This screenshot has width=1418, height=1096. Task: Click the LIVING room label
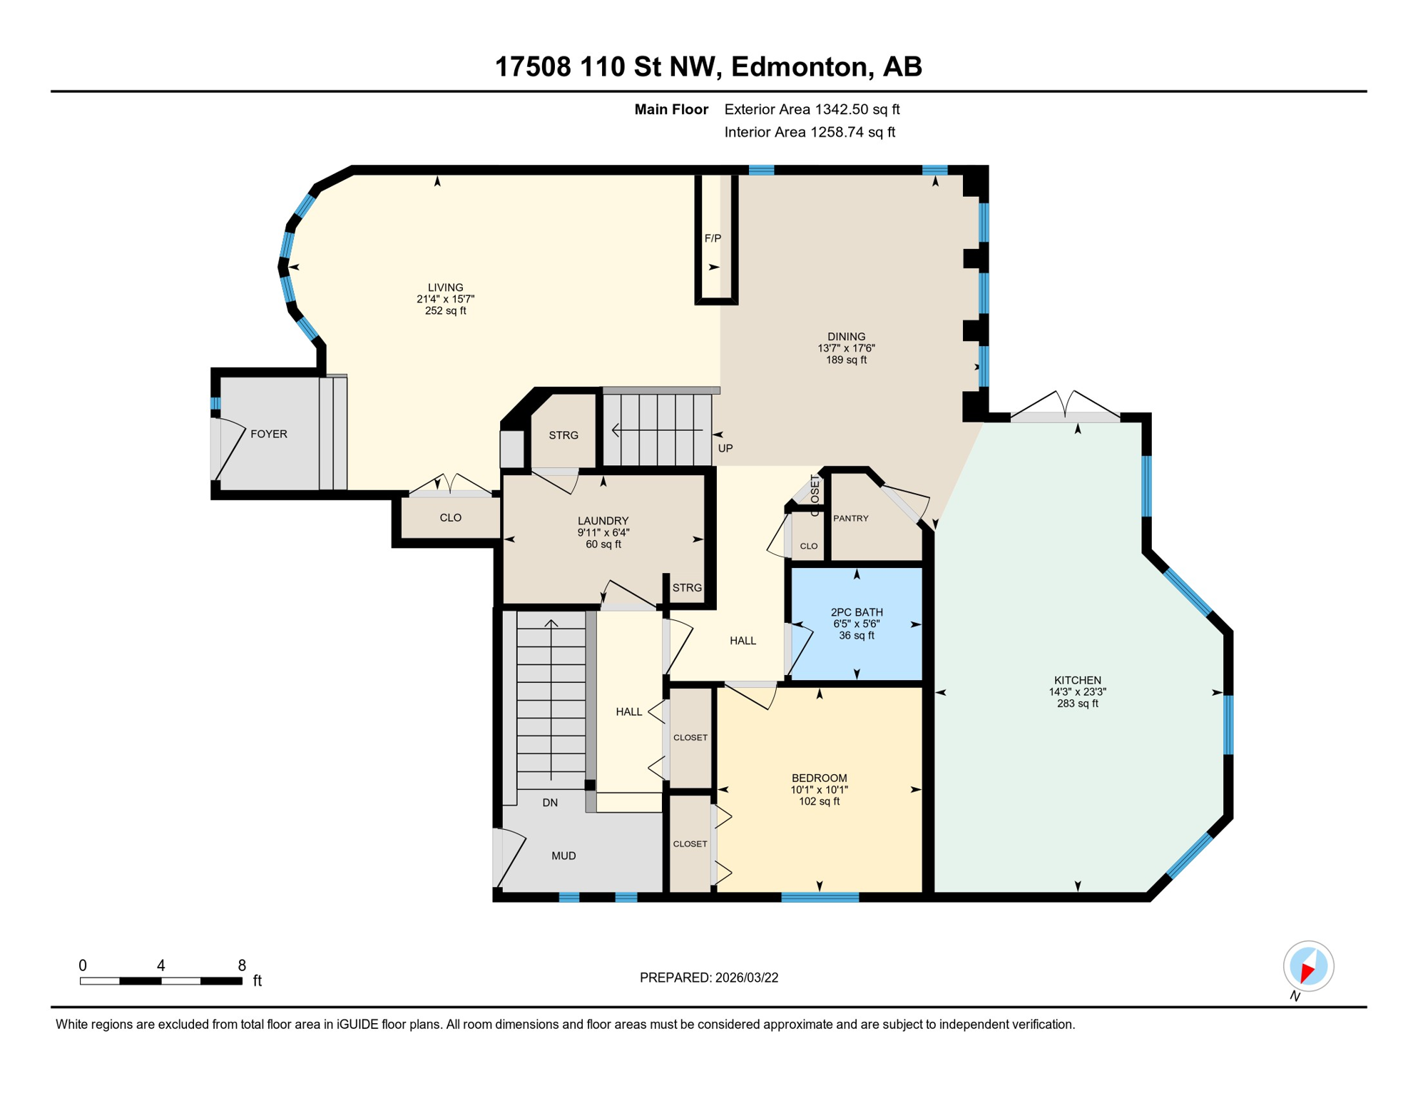445,288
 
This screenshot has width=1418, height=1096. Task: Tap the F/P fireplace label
713,238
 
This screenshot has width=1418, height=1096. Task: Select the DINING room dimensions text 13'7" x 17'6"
846,348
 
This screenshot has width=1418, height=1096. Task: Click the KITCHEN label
1077,680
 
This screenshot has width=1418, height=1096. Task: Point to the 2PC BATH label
857,612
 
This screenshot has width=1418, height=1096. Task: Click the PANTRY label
850,518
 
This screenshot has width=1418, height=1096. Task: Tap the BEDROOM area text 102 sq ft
819,801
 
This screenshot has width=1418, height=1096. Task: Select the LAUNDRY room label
603,521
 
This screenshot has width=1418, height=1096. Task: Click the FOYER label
269,434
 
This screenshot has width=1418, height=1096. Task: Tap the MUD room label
563,856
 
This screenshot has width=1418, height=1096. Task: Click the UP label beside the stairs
725,448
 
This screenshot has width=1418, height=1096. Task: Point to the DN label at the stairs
550,803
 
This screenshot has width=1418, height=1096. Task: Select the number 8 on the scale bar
242,965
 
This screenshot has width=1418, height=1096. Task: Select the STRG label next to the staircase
563,435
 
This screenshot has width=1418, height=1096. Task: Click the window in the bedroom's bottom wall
820,897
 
